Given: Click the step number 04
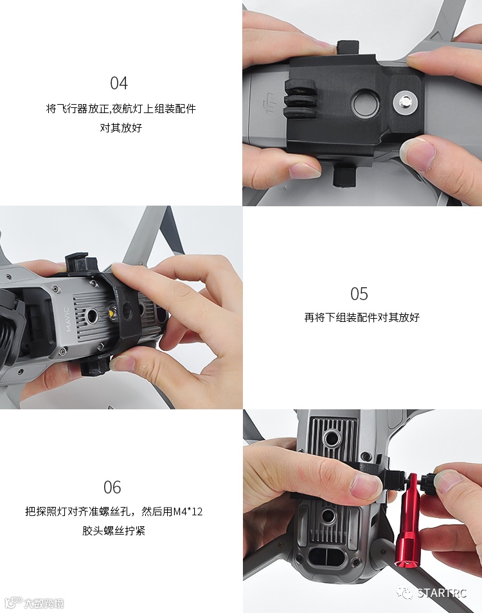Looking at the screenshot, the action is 119,84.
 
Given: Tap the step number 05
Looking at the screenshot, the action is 359,294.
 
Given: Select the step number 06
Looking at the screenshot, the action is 112,488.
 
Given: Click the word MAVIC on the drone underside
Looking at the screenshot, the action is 67,319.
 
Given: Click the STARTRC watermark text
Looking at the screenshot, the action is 442,593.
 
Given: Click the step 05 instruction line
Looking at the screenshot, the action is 362,317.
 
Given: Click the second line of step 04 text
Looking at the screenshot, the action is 121,127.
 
